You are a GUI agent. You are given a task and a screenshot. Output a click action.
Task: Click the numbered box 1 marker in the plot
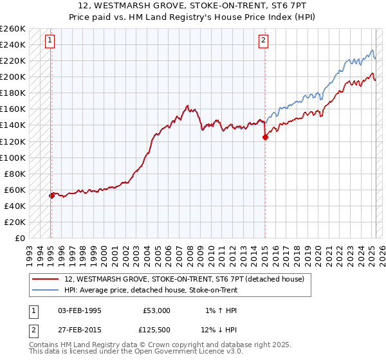click(x=50, y=40)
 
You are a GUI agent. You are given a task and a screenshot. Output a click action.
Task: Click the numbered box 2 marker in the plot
click(x=264, y=40)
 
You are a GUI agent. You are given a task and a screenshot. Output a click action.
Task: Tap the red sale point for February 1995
click(x=51, y=195)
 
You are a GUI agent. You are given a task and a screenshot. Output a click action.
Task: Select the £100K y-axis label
click(x=13, y=157)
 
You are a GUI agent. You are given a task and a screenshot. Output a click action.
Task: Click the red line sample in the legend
click(x=46, y=279)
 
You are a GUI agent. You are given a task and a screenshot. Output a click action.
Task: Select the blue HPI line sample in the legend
click(x=46, y=290)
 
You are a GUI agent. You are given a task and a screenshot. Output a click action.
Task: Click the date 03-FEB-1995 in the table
click(x=79, y=310)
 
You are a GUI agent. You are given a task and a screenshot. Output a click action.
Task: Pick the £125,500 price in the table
click(x=156, y=331)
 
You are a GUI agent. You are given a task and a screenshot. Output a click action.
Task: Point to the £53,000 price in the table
click(x=156, y=310)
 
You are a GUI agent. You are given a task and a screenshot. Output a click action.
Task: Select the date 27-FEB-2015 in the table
click(x=79, y=331)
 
